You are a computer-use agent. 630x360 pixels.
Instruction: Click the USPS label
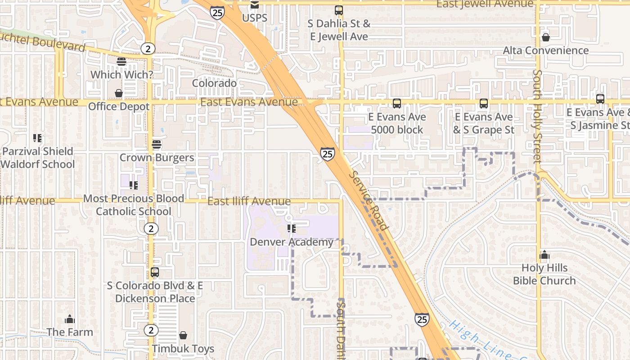click(x=255, y=18)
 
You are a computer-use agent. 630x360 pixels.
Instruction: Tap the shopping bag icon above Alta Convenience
click(x=546, y=37)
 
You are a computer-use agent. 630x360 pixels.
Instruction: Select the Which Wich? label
click(x=122, y=74)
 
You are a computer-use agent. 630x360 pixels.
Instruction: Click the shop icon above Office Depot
click(x=119, y=93)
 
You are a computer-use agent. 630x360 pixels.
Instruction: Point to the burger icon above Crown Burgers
click(x=157, y=144)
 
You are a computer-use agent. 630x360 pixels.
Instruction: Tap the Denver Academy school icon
click(x=292, y=229)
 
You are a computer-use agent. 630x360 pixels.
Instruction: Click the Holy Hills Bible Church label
click(x=544, y=274)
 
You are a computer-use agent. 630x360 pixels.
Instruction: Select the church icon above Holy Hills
click(x=544, y=255)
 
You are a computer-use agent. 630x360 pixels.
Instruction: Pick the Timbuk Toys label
click(x=183, y=348)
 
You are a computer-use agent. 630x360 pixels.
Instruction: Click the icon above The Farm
click(x=70, y=319)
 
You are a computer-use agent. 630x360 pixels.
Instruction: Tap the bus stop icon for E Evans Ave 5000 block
click(x=397, y=103)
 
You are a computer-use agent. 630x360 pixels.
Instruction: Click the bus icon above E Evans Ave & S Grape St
click(x=484, y=103)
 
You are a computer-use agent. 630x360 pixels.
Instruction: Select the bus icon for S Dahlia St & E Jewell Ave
click(x=339, y=10)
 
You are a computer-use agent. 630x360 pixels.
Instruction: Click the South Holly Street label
click(x=537, y=116)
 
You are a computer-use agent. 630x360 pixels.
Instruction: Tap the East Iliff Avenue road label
click(x=249, y=202)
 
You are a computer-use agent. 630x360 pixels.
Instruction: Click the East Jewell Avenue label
click(x=485, y=4)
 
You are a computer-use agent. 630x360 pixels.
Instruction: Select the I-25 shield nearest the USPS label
click(x=217, y=13)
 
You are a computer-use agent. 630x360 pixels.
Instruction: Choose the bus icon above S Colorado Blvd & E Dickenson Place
click(x=155, y=272)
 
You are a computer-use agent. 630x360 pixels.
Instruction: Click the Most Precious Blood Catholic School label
click(x=134, y=205)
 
